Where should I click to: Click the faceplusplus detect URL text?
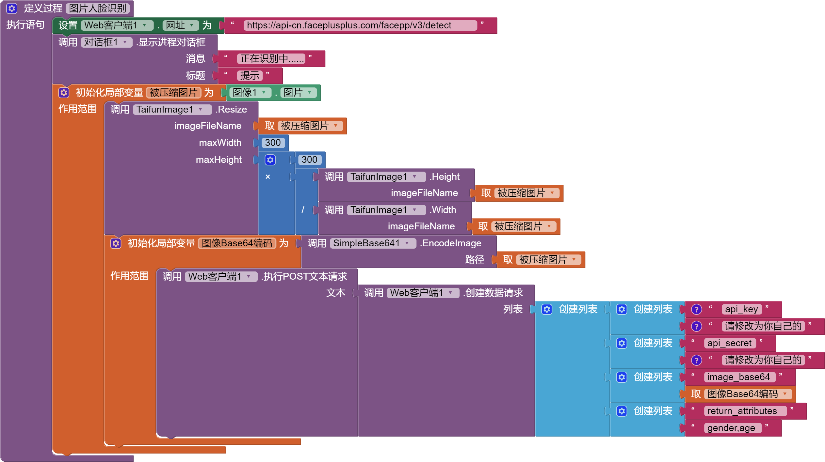(x=349, y=25)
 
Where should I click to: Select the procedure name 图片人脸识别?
(x=98, y=8)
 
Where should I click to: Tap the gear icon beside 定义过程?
(x=12, y=8)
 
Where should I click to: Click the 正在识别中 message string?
(x=271, y=58)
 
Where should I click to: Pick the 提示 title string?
(x=250, y=75)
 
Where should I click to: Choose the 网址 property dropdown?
(x=180, y=25)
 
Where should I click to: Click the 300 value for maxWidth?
(x=273, y=143)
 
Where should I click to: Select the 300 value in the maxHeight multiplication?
(x=309, y=160)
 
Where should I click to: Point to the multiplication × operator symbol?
(x=268, y=177)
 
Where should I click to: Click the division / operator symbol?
(x=303, y=210)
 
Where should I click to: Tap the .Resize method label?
(x=231, y=109)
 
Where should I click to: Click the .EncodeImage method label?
(x=450, y=243)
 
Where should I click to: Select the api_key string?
(x=741, y=309)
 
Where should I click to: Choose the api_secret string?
(x=729, y=343)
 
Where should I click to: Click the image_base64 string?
(x=738, y=377)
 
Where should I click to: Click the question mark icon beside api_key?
(x=696, y=309)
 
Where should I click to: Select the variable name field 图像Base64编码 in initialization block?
(x=237, y=243)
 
